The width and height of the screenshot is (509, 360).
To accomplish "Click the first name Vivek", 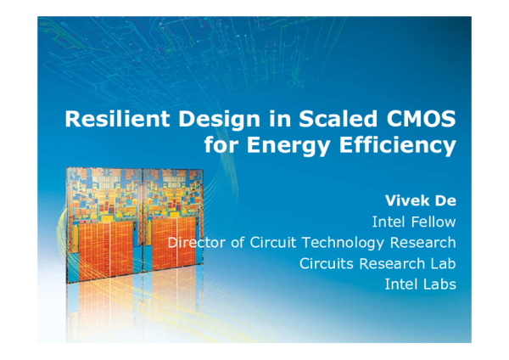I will (408, 202).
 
